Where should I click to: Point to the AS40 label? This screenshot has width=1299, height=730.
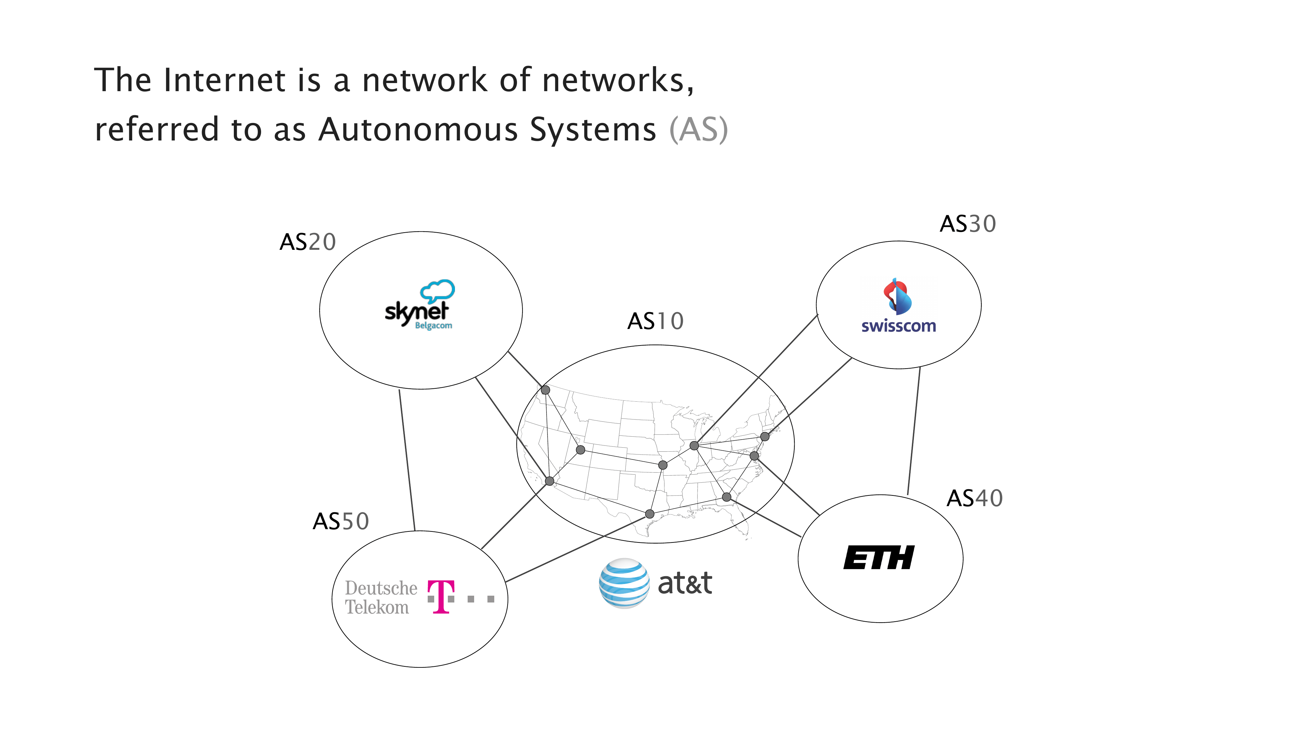(974, 499)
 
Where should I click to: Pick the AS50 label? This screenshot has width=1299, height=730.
(341, 521)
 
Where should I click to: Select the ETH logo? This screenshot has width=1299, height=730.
(879, 558)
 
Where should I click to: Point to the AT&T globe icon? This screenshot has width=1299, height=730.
(624, 583)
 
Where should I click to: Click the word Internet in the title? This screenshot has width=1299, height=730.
(225, 80)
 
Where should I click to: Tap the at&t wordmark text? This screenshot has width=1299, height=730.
(685, 583)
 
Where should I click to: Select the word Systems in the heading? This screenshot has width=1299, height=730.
(593, 130)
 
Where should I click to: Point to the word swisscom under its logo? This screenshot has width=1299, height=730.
(898, 326)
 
